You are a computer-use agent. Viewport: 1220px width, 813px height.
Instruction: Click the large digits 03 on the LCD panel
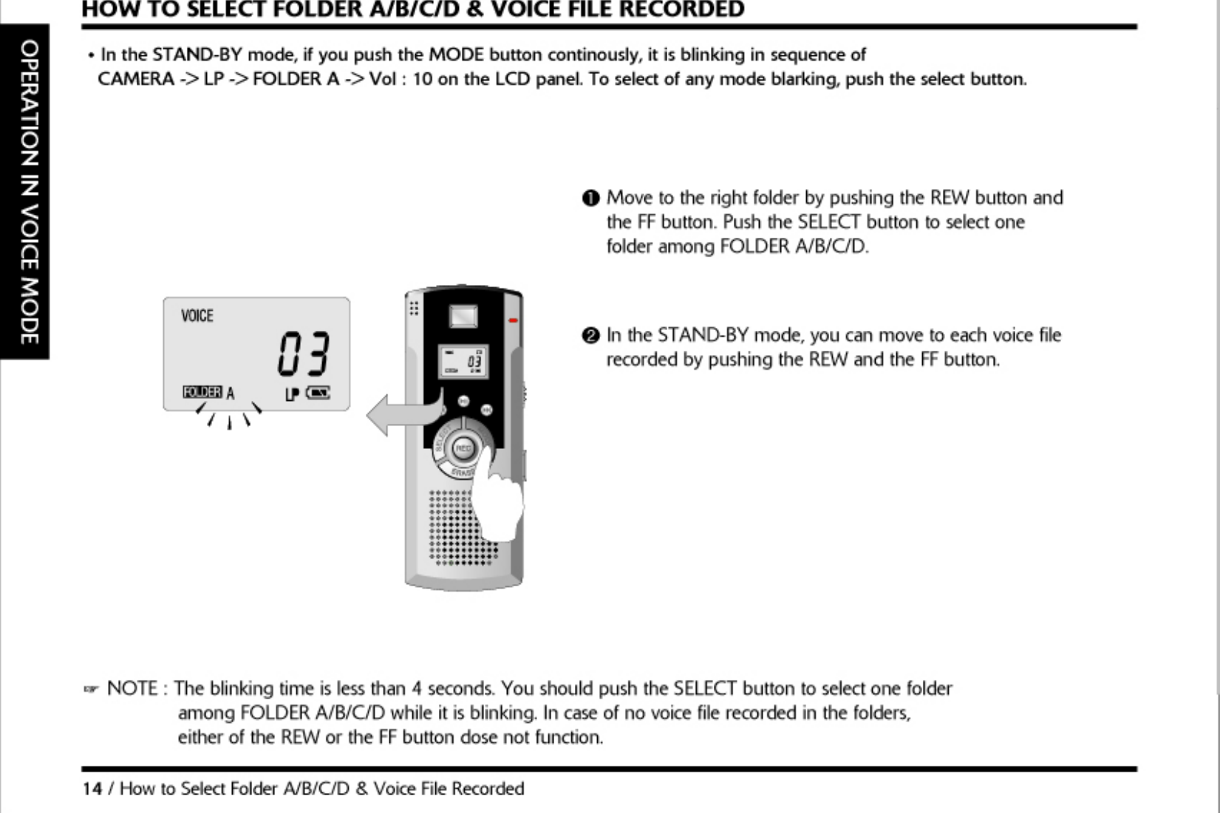tap(303, 354)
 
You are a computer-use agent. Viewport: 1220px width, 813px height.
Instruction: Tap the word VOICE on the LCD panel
tap(197, 316)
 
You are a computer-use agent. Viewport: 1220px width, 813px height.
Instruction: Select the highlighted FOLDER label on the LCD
tap(202, 392)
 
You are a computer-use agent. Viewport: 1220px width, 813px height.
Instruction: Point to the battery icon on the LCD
tap(318, 393)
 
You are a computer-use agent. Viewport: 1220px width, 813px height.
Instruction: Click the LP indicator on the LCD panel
tap(292, 394)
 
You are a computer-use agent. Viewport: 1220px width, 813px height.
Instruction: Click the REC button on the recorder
tap(463, 448)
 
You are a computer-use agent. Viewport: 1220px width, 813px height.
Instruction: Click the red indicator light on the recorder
tap(513, 320)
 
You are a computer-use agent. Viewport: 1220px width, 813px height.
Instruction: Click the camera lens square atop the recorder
tap(463, 316)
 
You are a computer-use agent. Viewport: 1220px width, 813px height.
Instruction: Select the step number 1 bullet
tap(590, 199)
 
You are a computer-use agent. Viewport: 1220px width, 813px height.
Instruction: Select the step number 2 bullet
tap(590, 336)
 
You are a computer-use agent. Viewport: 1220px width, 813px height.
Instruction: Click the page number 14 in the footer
tap(92, 789)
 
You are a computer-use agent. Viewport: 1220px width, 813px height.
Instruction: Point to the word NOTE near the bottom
tap(132, 689)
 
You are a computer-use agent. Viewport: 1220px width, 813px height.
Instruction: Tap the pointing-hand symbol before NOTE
tap(90, 690)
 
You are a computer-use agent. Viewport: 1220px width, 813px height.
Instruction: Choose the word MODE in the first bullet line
tap(456, 55)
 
